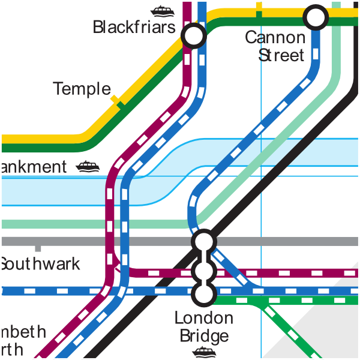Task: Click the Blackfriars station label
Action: [134, 28]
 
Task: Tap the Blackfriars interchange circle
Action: [194, 37]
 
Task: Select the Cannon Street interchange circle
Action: [316, 17]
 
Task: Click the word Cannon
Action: [275, 38]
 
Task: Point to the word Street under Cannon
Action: [281, 55]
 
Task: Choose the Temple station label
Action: [82, 89]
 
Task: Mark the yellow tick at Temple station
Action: [114, 98]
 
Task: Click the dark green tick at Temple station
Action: [121, 105]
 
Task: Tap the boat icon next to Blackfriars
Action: [162, 10]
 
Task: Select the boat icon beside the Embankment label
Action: [88, 166]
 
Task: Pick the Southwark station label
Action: [40, 264]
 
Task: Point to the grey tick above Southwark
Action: [38, 247]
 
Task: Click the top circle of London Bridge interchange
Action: [203, 241]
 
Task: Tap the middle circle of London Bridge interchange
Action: [203, 272]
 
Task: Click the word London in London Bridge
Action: [203, 318]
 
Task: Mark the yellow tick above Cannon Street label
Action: [259, 7]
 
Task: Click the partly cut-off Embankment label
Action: [33, 167]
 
